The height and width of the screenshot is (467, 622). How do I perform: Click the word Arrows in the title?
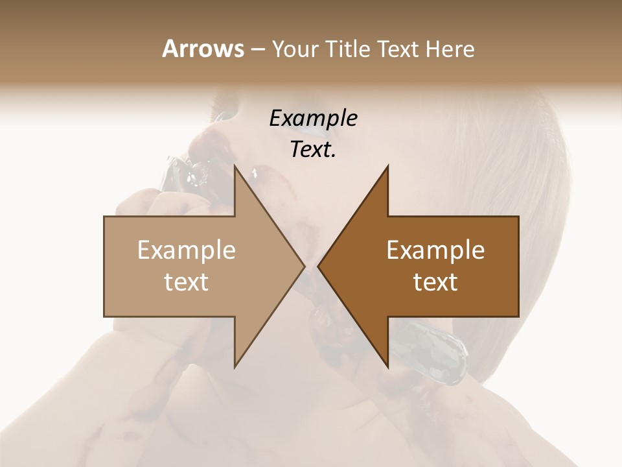coord(202,49)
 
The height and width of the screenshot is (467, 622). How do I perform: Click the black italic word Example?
coord(314,119)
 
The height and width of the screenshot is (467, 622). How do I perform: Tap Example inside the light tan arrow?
coord(187,250)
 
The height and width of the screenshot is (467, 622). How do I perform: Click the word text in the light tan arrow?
coord(187,281)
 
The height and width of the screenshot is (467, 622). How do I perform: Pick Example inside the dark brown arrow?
coord(435,250)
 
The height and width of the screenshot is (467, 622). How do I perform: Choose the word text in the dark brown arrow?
coord(435,281)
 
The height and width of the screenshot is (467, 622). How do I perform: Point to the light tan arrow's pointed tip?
coord(304,266)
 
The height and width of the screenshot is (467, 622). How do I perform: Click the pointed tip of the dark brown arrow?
coord(318,266)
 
